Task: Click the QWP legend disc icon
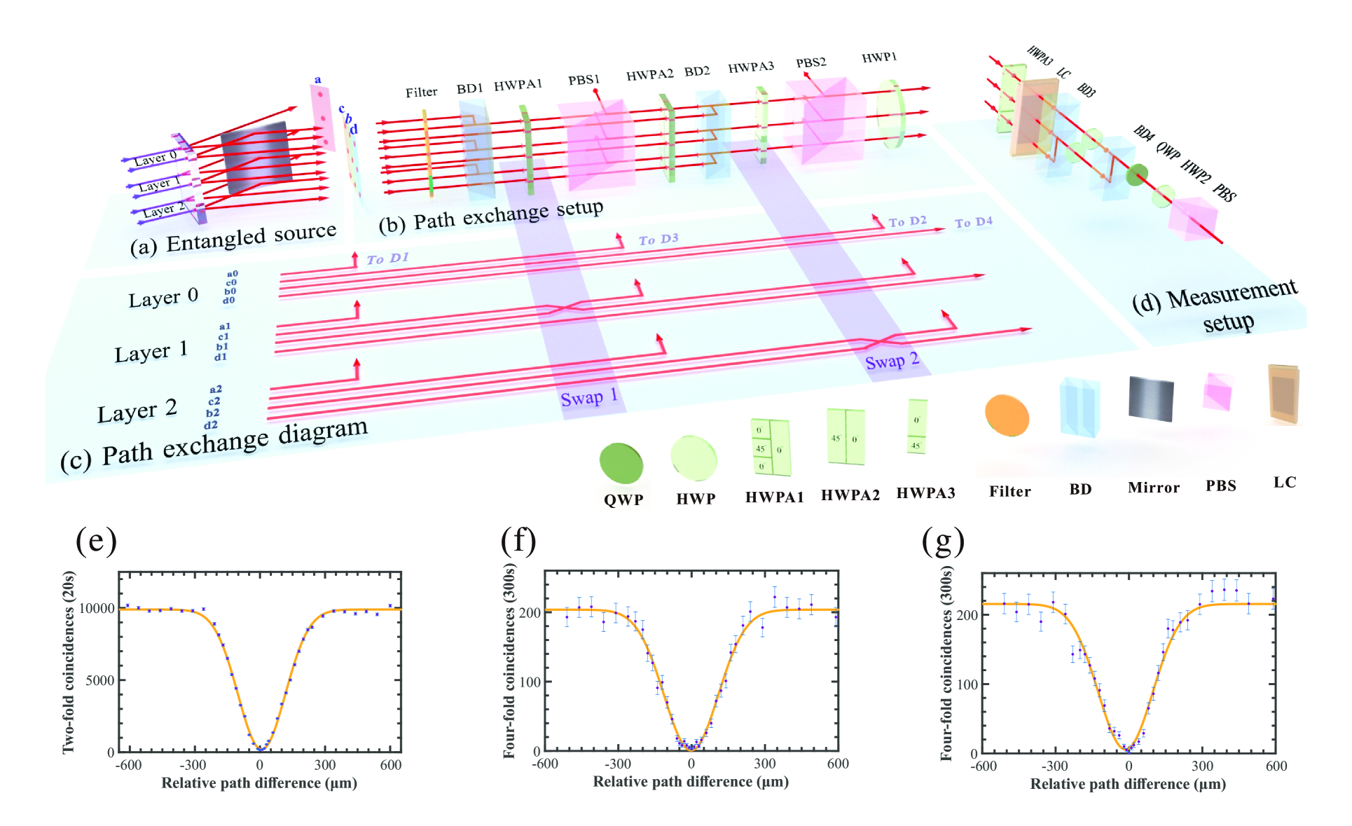pos(621,463)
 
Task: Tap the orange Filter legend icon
pos(1007,415)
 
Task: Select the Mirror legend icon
pos(1150,398)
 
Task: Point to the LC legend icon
pos(1283,394)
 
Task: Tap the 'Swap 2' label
pos(892,362)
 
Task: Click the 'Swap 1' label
pos(588,398)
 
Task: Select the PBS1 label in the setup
pos(584,80)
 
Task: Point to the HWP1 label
pos(878,57)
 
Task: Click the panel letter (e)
pos(96,541)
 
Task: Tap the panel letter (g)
pos(943,541)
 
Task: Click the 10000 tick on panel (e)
pos(97,608)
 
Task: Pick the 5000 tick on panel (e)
pos(99,680)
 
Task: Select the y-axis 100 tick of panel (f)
pos(530,682)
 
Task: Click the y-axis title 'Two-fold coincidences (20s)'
pos(68,662)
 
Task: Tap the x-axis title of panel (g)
pos(1128,784)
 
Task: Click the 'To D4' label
pos(973,222)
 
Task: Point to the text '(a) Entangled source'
pos(233,239)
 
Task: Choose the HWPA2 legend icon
pos(846,436)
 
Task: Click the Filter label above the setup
pos(421,92)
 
